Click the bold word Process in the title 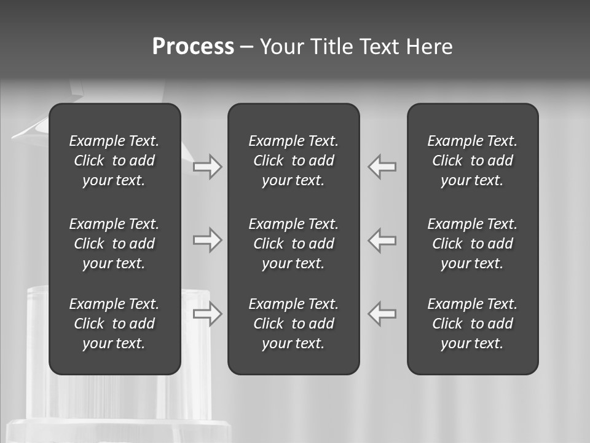[193, 47]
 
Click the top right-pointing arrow [208, 167]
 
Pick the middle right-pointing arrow [208, 240]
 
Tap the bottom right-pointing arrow [208, 314]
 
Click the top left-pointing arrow [382, 167]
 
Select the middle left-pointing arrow [382, 240]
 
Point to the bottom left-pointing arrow [382, 314]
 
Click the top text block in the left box [114, 161]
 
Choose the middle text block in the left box [114, 244]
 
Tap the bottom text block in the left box [114, 324]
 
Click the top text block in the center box [293, 161]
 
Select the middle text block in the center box [293, 244]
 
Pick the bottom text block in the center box [293, 324]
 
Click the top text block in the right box [472, 161]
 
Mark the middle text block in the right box [472, 244]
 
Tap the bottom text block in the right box [472, 324]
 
